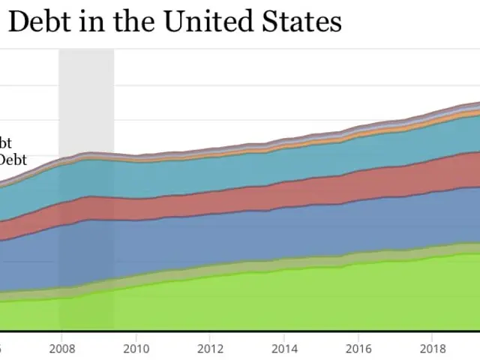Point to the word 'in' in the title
(88, 22)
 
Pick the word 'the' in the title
(130, 22)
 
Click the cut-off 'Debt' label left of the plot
(13, 159)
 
